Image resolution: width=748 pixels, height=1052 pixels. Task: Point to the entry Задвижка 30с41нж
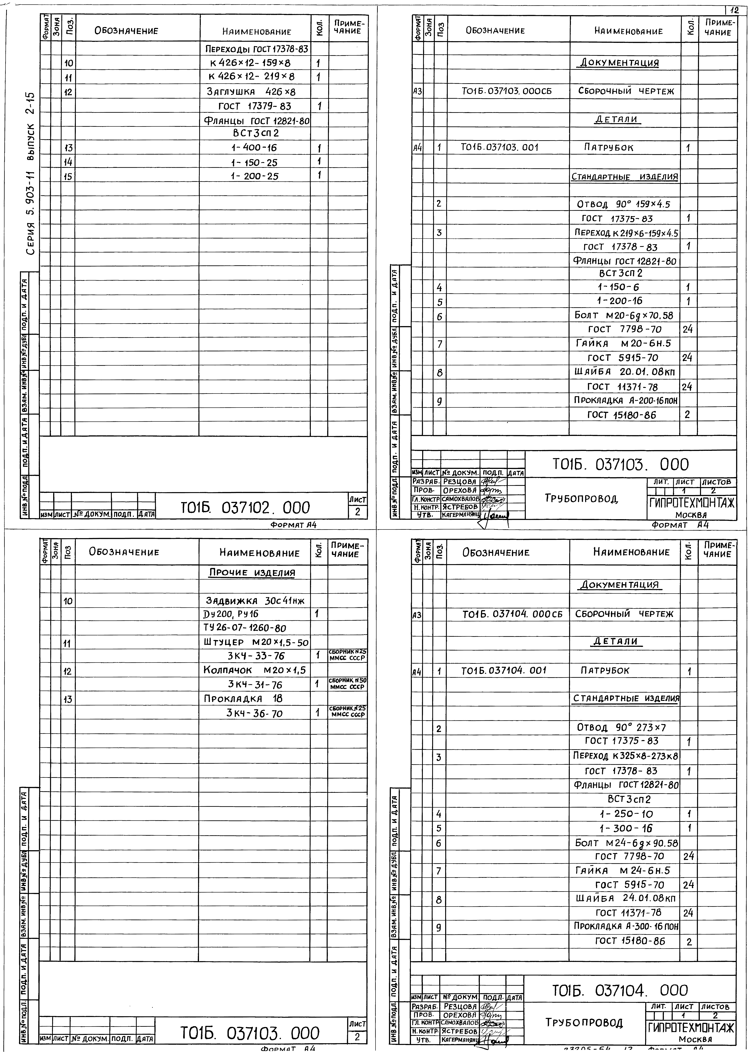[255, 601]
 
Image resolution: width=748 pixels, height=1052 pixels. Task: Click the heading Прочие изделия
[252, 573]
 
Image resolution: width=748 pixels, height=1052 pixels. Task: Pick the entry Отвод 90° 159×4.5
[623, 204]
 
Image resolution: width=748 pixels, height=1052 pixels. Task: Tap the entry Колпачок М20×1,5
[255, 670]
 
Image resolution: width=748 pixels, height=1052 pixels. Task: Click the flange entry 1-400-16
[254, 148]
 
